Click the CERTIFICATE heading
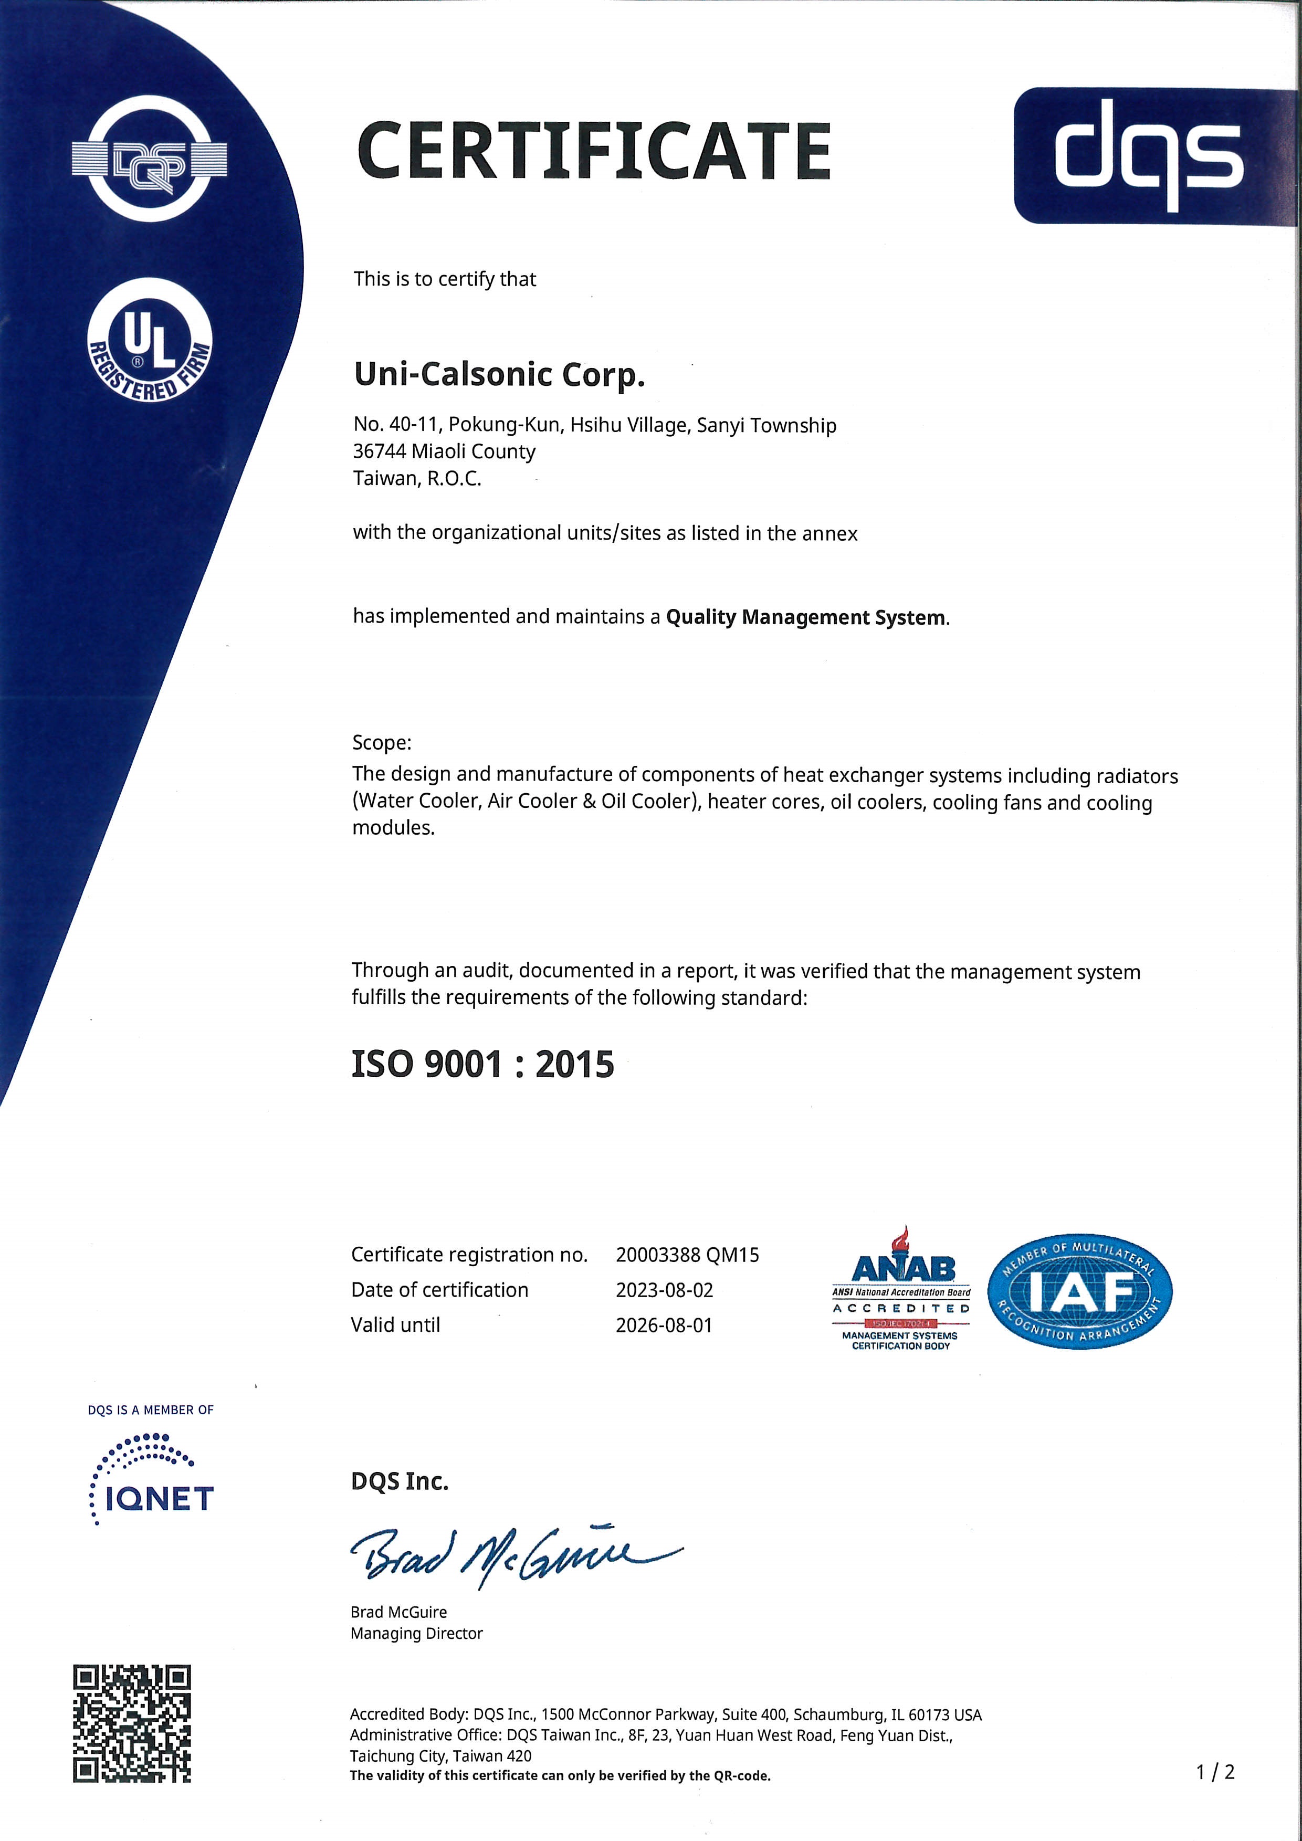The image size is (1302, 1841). tap(593, 151)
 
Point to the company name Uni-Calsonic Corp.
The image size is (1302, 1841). tap(499, 374)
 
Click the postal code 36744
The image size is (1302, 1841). tap(379, 451)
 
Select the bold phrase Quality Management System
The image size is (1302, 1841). tap(805, 617)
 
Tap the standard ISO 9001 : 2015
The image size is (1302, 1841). tap(482, 1065)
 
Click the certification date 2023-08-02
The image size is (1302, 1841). tap(664, 1290)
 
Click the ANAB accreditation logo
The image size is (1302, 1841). tap(901, 1291)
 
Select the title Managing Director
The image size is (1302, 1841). tap(417, 1633)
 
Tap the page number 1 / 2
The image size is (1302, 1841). tap(1215, 1772)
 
